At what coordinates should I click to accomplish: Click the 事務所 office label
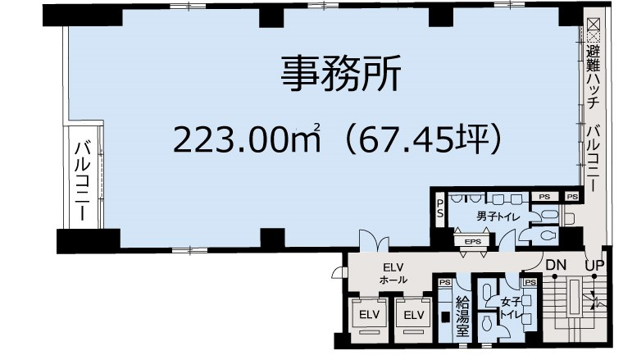pos(341,73)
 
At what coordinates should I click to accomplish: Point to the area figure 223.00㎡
pos(247,139)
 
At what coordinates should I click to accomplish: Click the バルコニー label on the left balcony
pos(83,180)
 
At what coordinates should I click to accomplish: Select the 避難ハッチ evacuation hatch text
pos(593,77)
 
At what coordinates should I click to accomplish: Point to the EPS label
pos(473,241)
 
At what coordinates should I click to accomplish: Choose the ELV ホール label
pos(393,273)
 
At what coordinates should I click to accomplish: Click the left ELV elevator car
pos(369,315)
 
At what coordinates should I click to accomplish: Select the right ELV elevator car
pos(414,315)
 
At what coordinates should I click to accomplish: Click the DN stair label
pos(556,265)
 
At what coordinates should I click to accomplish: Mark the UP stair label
pos(594,265)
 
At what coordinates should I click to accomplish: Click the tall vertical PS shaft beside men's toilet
pos(439,209)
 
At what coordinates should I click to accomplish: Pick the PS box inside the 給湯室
pos(445,282)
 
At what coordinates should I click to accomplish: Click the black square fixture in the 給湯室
pos(445,317)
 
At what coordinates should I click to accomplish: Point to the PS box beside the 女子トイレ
pos(530,282)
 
